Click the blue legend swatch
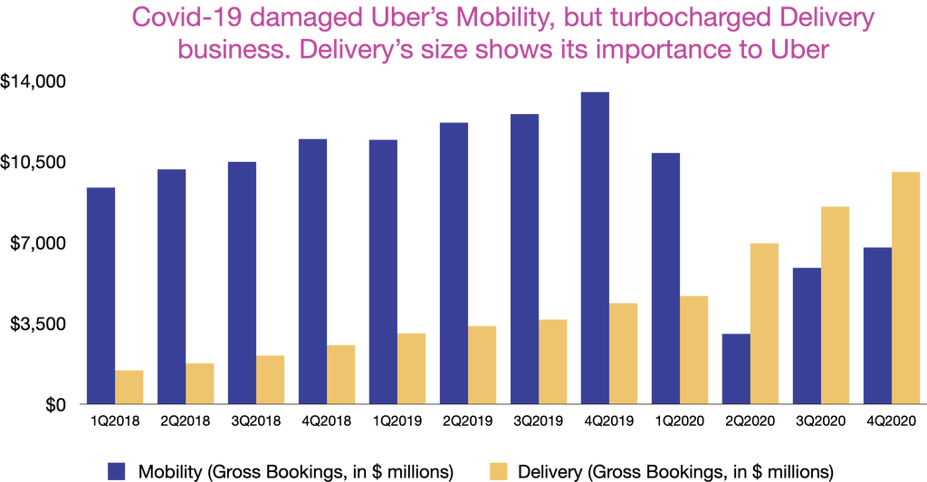(116, 470)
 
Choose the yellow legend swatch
(498, 470)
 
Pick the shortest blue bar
(736, 367)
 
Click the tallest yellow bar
(906, 286)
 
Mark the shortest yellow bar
(129, 385)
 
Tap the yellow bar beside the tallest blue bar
(624, 352)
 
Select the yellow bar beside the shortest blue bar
(765, 322)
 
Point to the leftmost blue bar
(100, 294)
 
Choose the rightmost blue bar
(877, 324)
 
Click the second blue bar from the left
(171, 285)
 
